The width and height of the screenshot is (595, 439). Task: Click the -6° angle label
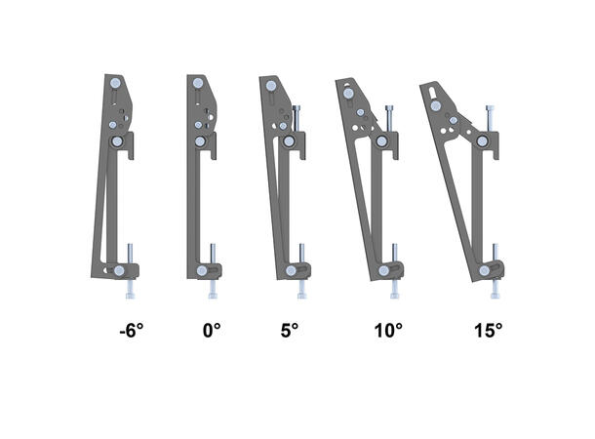(132, 331)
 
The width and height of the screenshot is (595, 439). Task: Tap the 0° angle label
(212, 331)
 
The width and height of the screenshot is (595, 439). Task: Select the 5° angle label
(289, 331)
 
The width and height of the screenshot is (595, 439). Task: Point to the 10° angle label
(387, 331)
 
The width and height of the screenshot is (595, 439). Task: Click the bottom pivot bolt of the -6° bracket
(119, 270)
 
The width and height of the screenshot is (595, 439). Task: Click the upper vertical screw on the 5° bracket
(294, 120)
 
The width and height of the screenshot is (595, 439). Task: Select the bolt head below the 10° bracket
(395, 291)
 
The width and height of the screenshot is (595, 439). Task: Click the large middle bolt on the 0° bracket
(200, 141)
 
